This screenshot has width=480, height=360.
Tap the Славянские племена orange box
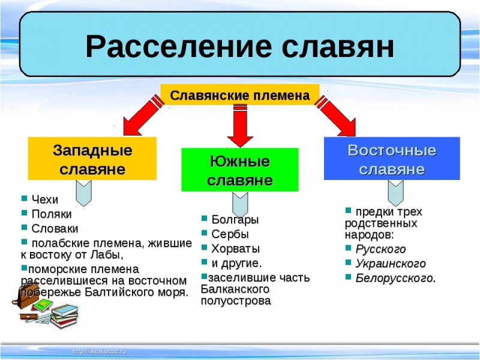coord(240,95)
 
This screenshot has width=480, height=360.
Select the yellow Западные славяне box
coord(92,158)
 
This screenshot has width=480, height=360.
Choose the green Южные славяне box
coord(240,170)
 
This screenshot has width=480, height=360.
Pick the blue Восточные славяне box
coord(392,158)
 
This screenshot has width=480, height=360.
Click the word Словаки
coord(55,229)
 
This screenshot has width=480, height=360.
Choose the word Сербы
coord(230,234)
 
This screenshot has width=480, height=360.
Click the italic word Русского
coord(380,249)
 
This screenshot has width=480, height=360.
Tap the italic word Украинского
coord(391,263)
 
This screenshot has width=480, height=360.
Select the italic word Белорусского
coord(394,278)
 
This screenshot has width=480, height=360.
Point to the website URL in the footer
coord(100,350)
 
